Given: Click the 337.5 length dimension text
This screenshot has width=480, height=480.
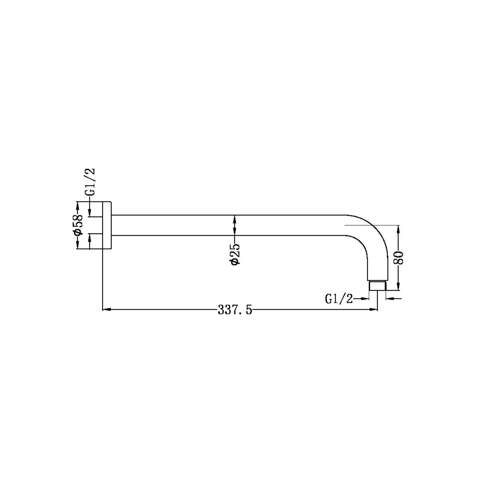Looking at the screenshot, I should click(235, 310).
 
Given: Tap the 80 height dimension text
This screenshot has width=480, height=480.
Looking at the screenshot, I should click(399, 257).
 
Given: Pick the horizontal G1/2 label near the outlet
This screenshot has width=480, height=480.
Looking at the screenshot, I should click(339, 299).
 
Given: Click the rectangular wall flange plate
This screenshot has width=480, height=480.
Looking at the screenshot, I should click(107, 225).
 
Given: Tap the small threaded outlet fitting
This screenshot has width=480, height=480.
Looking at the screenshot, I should click(377, 286).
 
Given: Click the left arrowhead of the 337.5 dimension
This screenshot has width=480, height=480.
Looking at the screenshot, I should click(107, 309).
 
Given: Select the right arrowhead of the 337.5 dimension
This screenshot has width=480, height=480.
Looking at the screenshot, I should click(373, 309).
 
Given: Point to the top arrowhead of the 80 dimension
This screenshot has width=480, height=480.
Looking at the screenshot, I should click(398, 229).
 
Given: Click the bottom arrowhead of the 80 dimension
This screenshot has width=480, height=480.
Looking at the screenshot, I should click(398, 286).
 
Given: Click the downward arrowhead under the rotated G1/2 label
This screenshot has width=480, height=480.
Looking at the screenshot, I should click(89, 212).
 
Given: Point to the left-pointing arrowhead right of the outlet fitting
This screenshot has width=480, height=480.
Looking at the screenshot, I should click(389, 298).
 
